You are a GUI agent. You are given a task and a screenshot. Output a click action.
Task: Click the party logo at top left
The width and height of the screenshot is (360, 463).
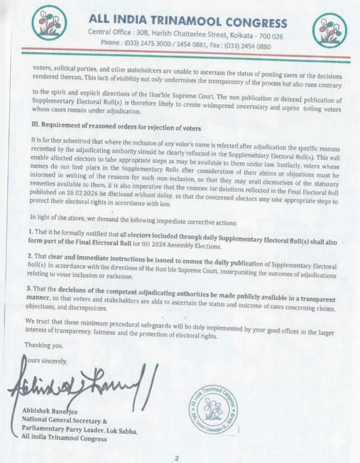(x=49, y=23)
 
